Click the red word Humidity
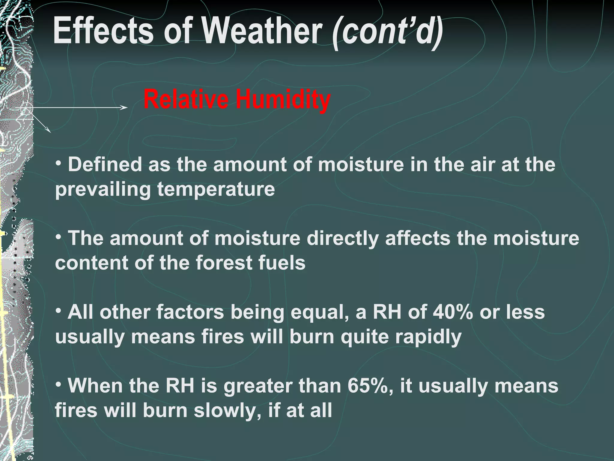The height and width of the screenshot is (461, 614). point(283,100)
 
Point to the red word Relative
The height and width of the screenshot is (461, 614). point(186,100)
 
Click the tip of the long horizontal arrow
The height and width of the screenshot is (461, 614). point(127,108)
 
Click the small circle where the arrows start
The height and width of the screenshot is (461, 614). point(27,109)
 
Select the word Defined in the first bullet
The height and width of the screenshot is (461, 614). point(105,165)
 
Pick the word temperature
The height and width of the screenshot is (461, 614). point(216,190)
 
